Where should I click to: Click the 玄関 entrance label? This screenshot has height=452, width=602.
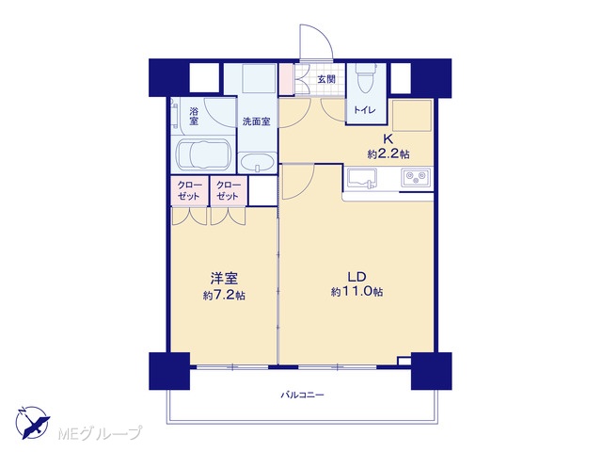[326, 79]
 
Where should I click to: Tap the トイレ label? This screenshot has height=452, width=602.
[364, 110]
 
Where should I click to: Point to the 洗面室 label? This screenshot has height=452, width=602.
[256, 121]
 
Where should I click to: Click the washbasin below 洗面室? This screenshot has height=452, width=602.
[257, 163]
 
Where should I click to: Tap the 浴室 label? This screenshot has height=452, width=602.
[194, 116]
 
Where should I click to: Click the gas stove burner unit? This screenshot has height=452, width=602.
[416, 178]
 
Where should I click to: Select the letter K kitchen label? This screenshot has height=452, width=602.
[388, 138]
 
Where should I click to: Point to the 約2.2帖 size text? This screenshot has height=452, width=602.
[388, 154]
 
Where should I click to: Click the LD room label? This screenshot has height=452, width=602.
[356, 277]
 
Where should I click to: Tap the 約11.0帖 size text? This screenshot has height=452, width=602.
[356, 292]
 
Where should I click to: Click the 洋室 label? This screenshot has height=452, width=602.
[224, 279]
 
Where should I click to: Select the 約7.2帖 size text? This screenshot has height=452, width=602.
[224, 295]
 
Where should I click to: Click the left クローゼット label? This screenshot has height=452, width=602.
[190, 190]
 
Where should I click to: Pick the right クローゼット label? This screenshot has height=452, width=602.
[229, 190]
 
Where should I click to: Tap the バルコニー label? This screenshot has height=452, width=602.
[302, 395]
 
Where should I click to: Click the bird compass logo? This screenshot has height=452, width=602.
[33, 422]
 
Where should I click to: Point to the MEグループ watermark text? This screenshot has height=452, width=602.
[100, 433]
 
